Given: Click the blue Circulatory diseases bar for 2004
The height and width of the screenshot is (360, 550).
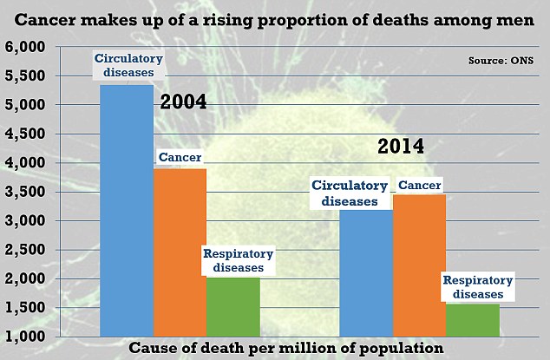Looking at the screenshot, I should click(x=127, y=208).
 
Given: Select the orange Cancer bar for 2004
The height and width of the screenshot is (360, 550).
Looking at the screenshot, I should click(x=180, y=252).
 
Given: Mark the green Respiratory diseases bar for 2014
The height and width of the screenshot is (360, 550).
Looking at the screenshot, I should click(x=473, y=319).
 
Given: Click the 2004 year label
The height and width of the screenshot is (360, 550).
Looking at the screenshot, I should click(x=183, y=102).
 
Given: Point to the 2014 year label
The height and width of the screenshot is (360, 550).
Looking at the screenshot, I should click(x=400, y=146).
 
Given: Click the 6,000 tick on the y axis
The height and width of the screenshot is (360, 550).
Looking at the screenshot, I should click(x=28, y=48).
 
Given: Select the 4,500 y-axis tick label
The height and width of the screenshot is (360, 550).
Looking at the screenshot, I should click(x=28, y=134).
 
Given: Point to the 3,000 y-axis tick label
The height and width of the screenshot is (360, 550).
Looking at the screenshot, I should click(x=28, y=221).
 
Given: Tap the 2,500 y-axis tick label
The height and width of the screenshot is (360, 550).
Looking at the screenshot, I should click(x=28, y=250).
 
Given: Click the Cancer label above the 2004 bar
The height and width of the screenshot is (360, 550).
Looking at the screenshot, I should click(x=180, y=158).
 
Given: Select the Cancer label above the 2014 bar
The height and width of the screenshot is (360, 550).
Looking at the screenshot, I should click(x=419, y=184).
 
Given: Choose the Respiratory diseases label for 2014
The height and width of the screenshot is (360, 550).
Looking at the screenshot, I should click(x=478, y=287).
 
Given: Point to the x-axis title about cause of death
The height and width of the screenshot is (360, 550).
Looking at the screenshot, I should click(x=286, y=347).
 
